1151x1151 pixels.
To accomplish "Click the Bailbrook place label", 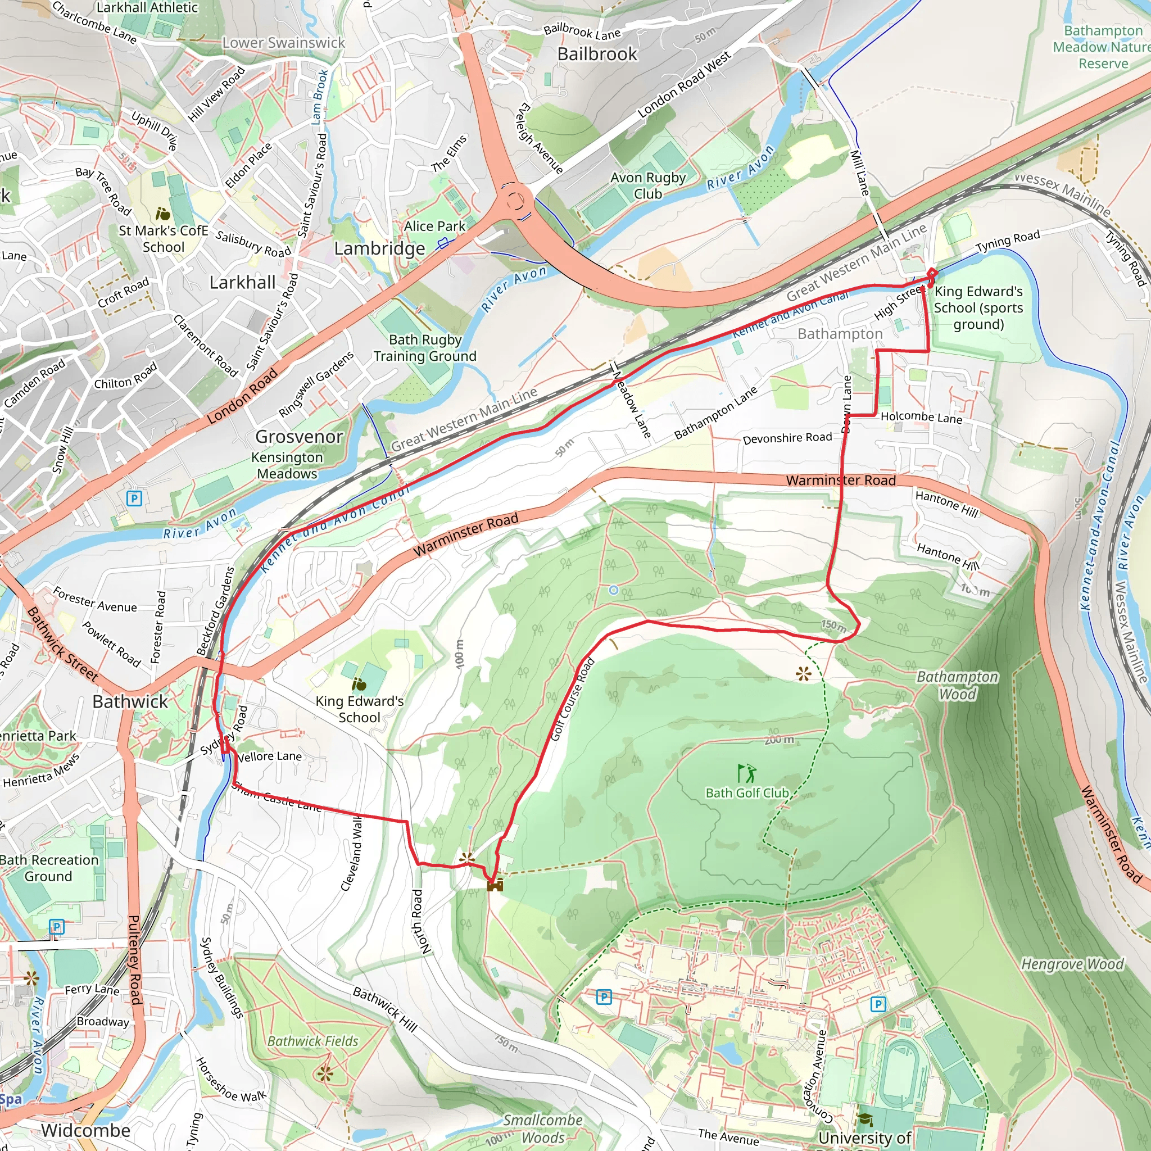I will click(x=597, y=54).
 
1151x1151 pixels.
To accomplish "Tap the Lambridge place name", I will click(x=379, y=248).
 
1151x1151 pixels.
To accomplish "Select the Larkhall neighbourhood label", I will click(x=242, y=282).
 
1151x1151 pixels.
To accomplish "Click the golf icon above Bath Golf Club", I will click(x=746, y=773).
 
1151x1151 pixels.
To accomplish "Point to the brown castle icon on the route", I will click(x=495, y=885).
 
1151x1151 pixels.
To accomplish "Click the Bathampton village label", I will click(x=840, y=334).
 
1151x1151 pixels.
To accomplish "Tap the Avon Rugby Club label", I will click(x=647, y=185).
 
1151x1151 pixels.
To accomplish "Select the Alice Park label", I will click(x=434, y=226).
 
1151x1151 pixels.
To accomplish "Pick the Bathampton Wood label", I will click(x=957, y=685).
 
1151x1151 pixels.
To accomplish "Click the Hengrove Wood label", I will click(x=1072, y=963).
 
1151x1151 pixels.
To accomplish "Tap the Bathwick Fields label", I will click(x=313, y=1041).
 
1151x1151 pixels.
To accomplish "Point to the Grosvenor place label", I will click(x=298, y=437).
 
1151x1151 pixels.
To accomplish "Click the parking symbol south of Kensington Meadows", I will click(x=135, y=498).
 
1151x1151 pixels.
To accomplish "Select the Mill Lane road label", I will click(x=860, y=173).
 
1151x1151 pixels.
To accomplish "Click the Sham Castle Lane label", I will click(x=277, y=797).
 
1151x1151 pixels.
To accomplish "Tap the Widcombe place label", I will click(x=86, y=1130).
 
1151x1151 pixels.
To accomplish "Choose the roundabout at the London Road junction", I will click(x=515, y=201).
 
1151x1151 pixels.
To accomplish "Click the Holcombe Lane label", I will click(x=921, y=418).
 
